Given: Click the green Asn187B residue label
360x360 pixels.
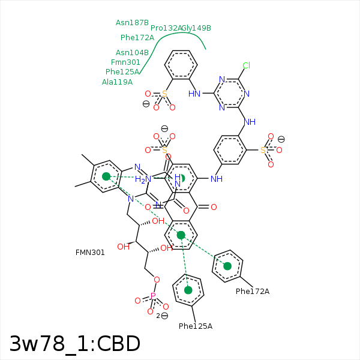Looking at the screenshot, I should [x=132, y=23].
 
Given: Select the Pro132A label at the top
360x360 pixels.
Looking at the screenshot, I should [x=166, y=28].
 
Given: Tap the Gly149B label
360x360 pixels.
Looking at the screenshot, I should [x=197, y=28].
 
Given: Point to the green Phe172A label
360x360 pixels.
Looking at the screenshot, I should [x=137, y=38].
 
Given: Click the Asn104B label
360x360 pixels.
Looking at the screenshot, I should [x=132, y=53].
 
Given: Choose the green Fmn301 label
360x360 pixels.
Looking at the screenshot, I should [x=125, y=62].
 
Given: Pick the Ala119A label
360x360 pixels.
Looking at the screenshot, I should [x=117, y=82].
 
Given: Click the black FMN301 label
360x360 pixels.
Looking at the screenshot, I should [x=90, y=253].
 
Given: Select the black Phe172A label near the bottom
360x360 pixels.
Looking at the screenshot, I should [x=252, y=292].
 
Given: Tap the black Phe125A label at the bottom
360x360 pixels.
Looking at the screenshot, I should [x=196, y=326].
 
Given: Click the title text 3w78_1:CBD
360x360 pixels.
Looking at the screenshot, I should [x=75, y=344].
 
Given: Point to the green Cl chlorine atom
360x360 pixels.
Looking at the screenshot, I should [x=246, y=65].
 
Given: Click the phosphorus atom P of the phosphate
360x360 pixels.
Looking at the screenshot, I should [x=153, y=296].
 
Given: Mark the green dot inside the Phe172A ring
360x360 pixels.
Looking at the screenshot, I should [x=227, y=266].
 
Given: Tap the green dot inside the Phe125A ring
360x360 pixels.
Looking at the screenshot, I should [x=188, y=290].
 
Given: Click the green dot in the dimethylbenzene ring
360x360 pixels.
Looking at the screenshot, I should [x=106, y=176].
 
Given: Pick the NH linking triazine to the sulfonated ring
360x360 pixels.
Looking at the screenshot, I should [x=250, y=122].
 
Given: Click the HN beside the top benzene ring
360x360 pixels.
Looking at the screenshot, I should [x=194, y=94].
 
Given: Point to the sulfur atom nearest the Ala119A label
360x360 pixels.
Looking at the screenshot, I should [x=164, y=94].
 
